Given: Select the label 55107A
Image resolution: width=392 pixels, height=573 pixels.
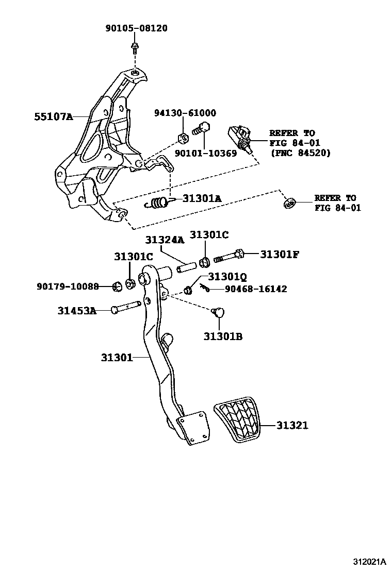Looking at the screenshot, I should (54, 117).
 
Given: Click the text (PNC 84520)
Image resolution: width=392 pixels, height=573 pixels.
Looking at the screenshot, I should (300, 153).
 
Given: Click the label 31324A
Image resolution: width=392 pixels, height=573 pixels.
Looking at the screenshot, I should (164, 240).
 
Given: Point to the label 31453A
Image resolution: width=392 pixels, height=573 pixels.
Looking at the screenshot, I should (76, 310).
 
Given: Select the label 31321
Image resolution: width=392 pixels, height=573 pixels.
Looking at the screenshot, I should (292, 425).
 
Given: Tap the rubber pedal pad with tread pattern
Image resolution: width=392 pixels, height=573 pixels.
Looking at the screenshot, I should (238, 420).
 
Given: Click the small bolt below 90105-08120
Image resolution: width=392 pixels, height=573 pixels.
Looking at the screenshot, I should (134, 49).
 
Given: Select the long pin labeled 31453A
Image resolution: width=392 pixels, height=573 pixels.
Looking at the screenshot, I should (126, 307).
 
